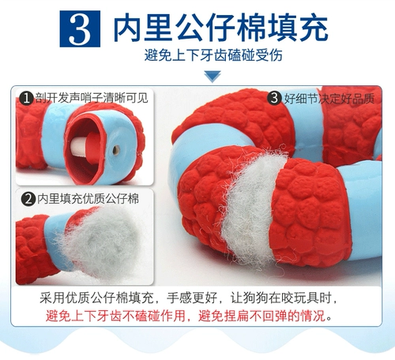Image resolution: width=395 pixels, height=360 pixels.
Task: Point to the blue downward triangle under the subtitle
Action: (212, 77)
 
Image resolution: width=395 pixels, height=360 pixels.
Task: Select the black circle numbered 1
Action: (26, 99)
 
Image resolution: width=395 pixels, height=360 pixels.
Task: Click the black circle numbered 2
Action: (26, 197)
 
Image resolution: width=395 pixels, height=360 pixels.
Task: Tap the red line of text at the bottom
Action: (189, 316)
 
